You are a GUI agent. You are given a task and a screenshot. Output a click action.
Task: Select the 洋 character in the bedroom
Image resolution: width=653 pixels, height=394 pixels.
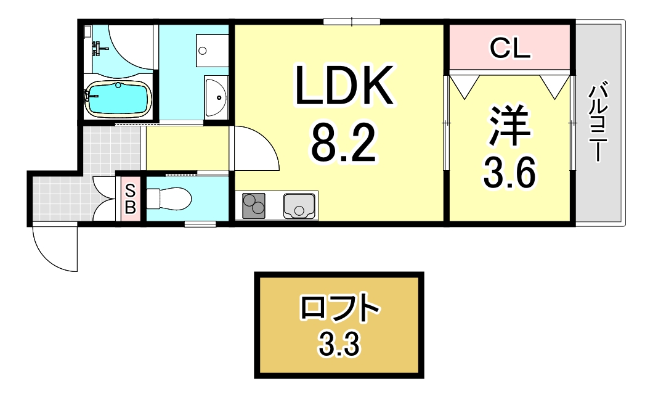pyautogui.click(x=509, y=127)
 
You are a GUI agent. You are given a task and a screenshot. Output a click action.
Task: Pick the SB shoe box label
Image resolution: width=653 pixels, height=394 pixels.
pyautogui.click(x=130, y=199)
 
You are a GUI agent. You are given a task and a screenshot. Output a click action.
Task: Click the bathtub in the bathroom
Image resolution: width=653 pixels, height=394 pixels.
pyautogui.click(x=119, y=98)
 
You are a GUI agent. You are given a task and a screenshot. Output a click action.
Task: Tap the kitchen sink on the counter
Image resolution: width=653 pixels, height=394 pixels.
pyautogui.click(x=300, y=206)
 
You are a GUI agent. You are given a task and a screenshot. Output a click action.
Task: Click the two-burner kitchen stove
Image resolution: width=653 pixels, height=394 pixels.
pyautogui.click(x=254, y=206)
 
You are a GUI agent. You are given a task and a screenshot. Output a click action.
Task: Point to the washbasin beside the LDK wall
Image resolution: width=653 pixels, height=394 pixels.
pyautogui.click(x=216, y=97)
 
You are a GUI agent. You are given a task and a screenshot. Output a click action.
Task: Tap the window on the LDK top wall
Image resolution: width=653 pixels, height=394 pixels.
pyautogui.click(x=351, y=23)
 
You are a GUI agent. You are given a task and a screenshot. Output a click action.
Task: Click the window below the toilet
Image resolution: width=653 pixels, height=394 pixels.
pyautogui.click(x=200, y=224)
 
